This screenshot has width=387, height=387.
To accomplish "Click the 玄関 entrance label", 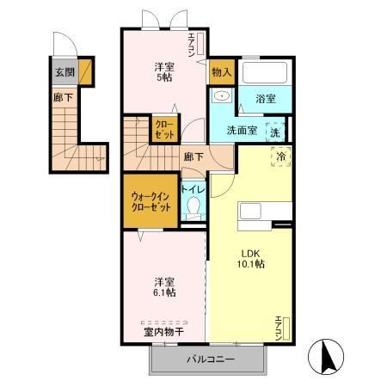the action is (64, 72).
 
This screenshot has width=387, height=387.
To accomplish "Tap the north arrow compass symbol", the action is (326, 357).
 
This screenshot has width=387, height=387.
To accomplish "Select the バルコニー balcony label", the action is (211, 359).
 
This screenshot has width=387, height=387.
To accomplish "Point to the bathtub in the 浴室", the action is (265, 72).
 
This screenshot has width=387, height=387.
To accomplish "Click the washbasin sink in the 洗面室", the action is (222, 95).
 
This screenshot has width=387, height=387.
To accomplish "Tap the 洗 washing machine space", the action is (275, 132).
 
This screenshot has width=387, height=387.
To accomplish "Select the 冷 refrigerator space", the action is (281, 157).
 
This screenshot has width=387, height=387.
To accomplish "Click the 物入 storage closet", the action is (222, 72).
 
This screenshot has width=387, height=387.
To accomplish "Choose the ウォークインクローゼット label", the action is (151, 202).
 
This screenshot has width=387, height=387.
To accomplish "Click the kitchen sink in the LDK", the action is (250, 211).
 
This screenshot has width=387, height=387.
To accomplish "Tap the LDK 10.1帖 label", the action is (250, 259).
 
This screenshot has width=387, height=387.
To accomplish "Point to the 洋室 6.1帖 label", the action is (165, 287).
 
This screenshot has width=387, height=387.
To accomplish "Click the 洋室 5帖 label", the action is (164, 72).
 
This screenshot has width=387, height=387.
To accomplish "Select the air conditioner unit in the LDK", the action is (286, 329).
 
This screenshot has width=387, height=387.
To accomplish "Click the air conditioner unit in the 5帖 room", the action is (200, 43).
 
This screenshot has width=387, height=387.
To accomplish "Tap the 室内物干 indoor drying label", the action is (163, 332).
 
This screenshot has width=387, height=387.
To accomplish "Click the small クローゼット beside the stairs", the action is (165, 128).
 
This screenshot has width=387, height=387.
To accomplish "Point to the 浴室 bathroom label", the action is (266, 99).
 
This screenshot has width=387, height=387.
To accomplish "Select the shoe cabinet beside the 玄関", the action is (85, 71).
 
